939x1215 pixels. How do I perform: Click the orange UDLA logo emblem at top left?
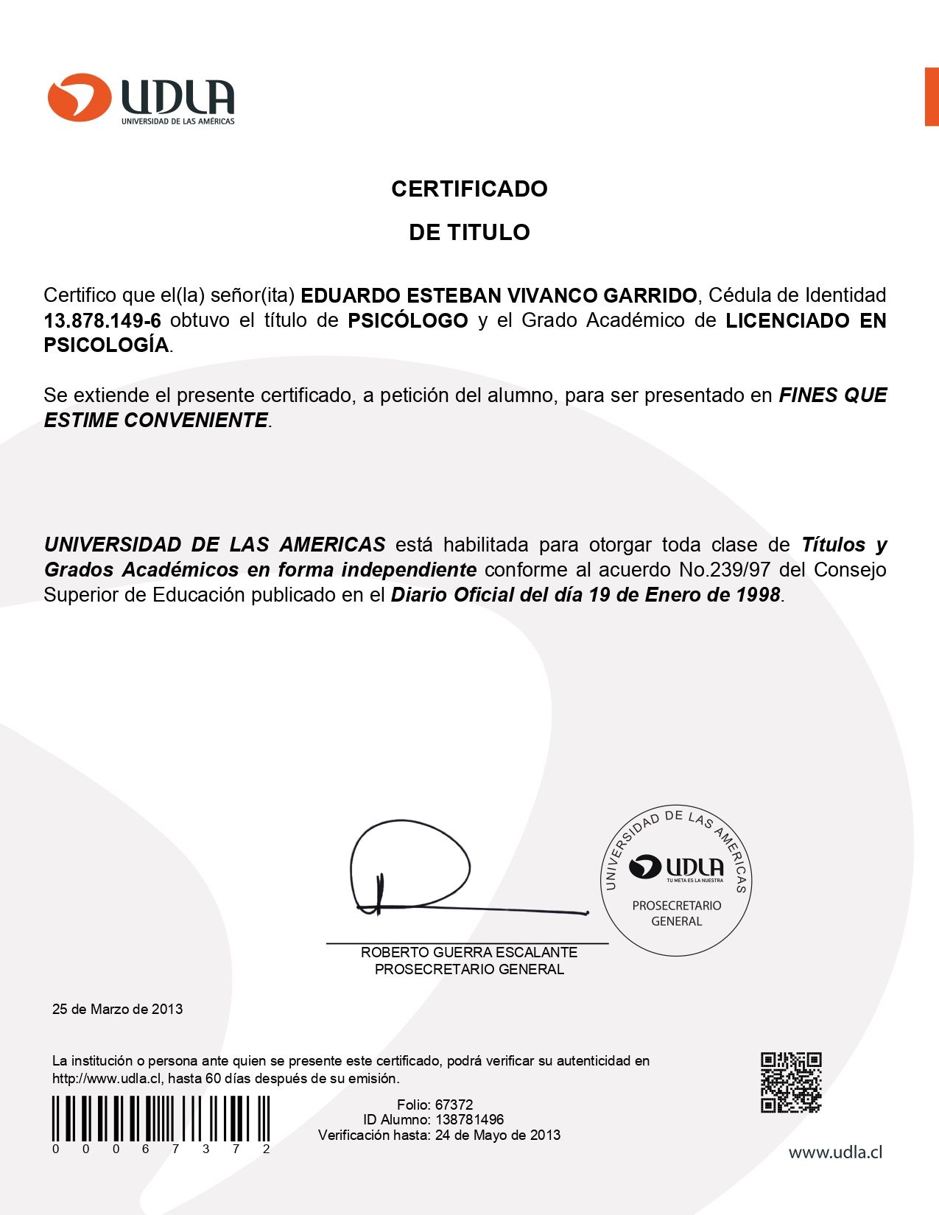click(x=79, y=96)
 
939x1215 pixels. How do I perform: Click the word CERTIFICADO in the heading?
click(x=469, y=189)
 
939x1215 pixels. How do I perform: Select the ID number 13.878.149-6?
click(x=102, y=321)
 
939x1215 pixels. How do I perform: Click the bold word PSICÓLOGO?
click(x=408, y=321)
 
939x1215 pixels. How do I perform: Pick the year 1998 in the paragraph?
click(x=758, y=595)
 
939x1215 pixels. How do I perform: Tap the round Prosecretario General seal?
click(x=676, y=880)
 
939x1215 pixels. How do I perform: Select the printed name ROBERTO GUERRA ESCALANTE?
click(x=469, y=952)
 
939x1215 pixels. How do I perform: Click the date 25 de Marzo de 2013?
click(x=117, y=1009)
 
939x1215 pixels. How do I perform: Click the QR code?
click(x=791, y=1082)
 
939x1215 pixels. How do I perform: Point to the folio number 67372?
click(x=454, y=1105)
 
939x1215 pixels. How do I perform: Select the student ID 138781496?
click(x=469, y=1119)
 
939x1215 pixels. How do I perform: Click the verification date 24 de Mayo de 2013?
click(x=497, y=1135)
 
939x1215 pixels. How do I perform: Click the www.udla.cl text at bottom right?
click(x=835, y=1152)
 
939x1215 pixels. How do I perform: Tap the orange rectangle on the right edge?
click(x=932, y=96)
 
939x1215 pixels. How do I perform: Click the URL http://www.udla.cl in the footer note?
click(x=106, y=1079)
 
